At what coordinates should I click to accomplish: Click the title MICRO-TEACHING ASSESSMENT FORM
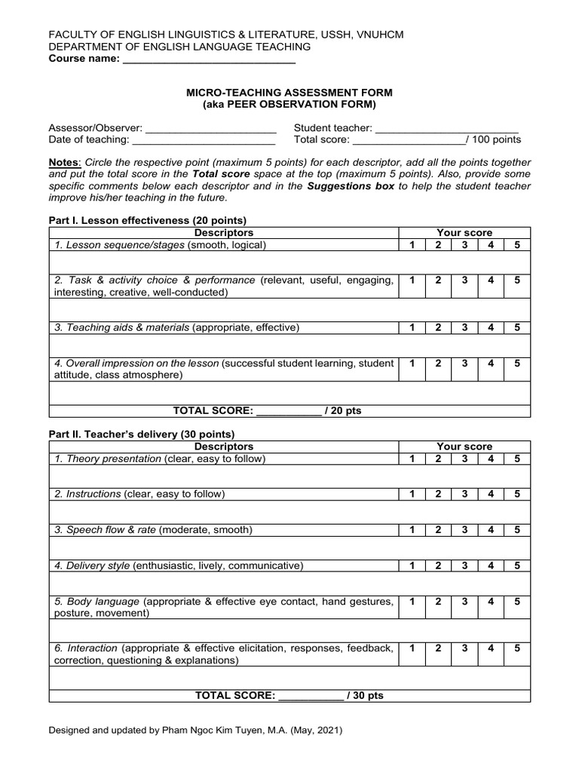click(289, 92)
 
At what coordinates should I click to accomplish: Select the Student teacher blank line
click(446, 128)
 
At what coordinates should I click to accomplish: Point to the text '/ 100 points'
click(494, 139)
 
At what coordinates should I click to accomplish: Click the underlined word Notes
click(64, 163)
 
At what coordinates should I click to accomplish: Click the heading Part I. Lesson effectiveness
click(148, 220)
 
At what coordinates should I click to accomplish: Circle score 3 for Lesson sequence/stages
click(465, 245)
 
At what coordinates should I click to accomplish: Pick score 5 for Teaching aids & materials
click(517, 327)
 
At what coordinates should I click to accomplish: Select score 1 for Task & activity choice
click(412, 280)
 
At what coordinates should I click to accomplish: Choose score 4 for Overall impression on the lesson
click(491, 363)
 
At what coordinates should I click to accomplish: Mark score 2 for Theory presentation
click(438, 459)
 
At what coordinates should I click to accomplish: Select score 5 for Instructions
click(517, 494)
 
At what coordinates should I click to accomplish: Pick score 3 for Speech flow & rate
click(465, 530)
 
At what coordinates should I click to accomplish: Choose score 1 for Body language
click(412, 602)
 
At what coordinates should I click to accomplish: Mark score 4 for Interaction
click(491, 648)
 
